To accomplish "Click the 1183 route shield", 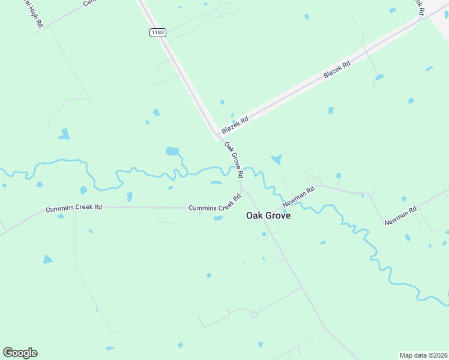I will tap(157, 33).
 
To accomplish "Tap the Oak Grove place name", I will tap(268, 215).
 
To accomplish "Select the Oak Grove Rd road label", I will tap(234, 160).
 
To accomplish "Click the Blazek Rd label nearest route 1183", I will tap(235, 125).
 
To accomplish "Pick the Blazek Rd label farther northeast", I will tap(337, 67).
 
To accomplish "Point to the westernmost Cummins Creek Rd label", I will tap(74, 208).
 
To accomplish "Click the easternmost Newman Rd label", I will tap(400, 216).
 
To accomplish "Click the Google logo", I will tap(20, 353).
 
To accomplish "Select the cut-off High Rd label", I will tap(32, 13).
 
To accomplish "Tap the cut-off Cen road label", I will tap(89, 3).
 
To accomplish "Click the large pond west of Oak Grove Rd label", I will tap(172, 151).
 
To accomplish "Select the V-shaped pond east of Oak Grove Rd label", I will tap(276, 159).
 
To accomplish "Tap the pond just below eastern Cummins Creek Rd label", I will tap(218, 218).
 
